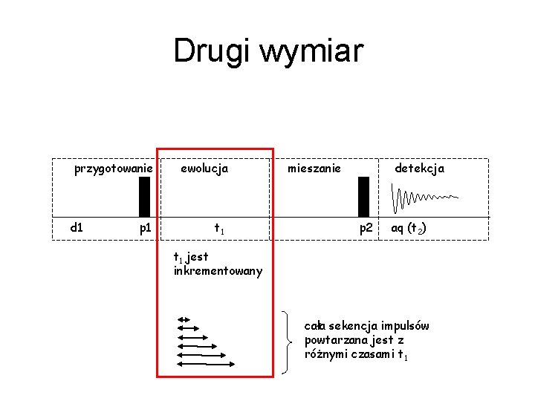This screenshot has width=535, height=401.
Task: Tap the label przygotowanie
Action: (x=114, y=169)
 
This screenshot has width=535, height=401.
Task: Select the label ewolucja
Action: (x=205, y=169)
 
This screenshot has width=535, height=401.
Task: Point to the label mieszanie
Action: (x=314, y=169)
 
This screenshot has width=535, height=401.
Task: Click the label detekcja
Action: (x=419, y=169)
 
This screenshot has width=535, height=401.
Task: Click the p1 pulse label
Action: (x=146, y=228)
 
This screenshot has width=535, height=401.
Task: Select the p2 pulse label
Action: (x=366, y=228)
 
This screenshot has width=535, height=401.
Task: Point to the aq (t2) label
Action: (x=408, y=228)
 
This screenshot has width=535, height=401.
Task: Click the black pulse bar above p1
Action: (x=144, y=196)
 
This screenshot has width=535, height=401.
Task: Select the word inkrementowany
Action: (x=218, y=271)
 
